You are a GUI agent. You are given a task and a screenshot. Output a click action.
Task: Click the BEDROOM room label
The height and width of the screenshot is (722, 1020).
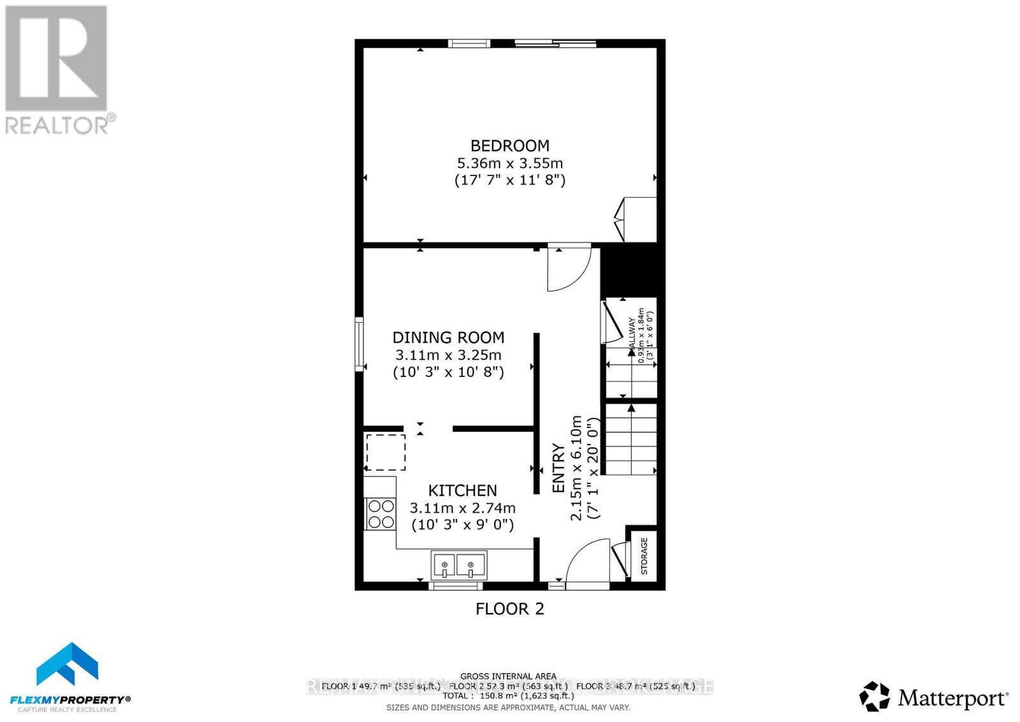(x=509, y=145)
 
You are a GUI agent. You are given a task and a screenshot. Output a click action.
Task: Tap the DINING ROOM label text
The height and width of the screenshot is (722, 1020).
(x=448, y=337)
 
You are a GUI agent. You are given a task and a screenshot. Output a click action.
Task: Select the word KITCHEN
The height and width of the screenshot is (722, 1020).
(x=462, y=490)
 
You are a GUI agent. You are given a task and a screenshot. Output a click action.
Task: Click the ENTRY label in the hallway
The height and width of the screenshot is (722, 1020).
(x=558, y=468)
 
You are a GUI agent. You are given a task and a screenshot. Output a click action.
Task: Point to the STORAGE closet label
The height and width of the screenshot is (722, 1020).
(x=644, y=556)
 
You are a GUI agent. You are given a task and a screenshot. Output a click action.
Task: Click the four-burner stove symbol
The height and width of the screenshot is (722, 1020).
(x=381, y=514)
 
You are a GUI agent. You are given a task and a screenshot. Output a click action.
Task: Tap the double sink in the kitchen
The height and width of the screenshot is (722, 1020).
(x=458, y=565)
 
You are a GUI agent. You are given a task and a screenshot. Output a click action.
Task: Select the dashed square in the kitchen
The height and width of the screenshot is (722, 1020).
(x=385, y=452)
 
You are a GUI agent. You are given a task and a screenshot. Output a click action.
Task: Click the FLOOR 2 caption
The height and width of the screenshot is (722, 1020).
(x=509, y=608)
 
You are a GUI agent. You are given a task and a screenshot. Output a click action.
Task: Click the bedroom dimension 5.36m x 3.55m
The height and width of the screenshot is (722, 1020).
(x=509, y=163)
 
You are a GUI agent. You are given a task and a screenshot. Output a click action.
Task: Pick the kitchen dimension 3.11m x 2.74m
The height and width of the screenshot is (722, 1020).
(x=462, y=508)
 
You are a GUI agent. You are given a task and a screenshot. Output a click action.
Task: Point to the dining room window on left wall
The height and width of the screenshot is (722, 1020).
(x=360, y=344)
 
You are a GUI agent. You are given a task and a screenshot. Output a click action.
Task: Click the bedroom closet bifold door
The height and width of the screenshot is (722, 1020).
(x=620, y=219)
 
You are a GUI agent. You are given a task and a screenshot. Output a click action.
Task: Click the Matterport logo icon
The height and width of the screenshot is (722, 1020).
(x=874, y=696)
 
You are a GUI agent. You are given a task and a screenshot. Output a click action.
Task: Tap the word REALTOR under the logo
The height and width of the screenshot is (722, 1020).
(x=57, y=125)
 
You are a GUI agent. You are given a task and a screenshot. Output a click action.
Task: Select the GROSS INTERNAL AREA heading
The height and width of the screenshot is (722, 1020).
(x=508, y=676)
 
